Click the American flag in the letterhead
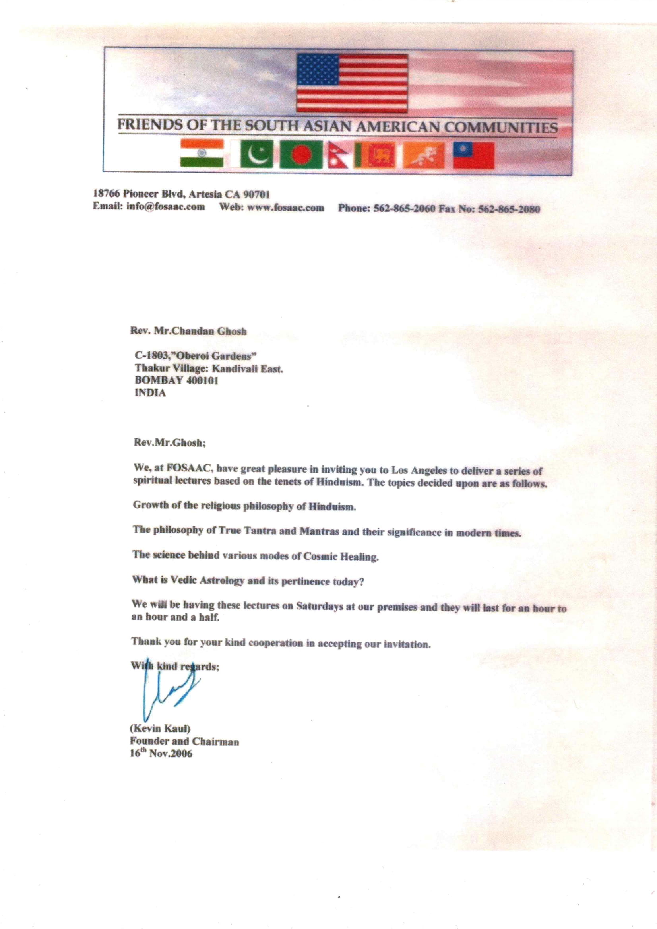point(352,83)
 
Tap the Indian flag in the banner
point(202,153)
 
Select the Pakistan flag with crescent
point(256,154)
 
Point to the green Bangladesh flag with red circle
point(300,154)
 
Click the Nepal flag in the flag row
point(338,155)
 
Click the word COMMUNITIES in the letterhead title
point(501,128)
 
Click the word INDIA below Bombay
point(150,393)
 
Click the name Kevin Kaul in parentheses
point(160,729)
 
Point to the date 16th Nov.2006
point(161,753)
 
